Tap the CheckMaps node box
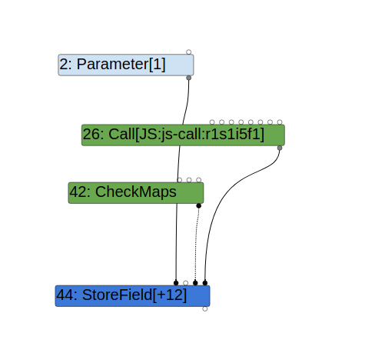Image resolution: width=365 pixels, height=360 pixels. click(x=135, y=192)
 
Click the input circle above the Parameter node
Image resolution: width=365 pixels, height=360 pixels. click(x=188, y=52)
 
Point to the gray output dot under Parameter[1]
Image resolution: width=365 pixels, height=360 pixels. click(x=188, y=78)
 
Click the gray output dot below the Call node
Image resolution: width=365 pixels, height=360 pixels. click(x=279, y=148)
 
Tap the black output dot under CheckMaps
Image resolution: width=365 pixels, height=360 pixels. click(x=198, y=205)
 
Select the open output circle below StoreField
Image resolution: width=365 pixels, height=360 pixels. click(x=204, y=308)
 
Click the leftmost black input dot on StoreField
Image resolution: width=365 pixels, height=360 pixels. click(x=176, y=282)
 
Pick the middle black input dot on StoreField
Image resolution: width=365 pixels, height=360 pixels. click(x=195, y=282)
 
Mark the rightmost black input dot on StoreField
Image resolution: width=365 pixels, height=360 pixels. click(x=204, y=282)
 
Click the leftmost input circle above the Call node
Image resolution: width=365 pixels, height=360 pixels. click(x=212, y=122)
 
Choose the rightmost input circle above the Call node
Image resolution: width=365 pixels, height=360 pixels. click(x=280, y=122)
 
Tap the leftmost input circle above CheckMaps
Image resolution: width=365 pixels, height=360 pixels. click(x=179, y=179)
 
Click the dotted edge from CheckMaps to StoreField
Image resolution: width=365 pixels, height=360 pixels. click(x=197, y=246)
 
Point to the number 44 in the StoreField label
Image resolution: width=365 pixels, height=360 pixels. click(x=65, y=295)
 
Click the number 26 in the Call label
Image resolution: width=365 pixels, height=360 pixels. click(x=91, y=135)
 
